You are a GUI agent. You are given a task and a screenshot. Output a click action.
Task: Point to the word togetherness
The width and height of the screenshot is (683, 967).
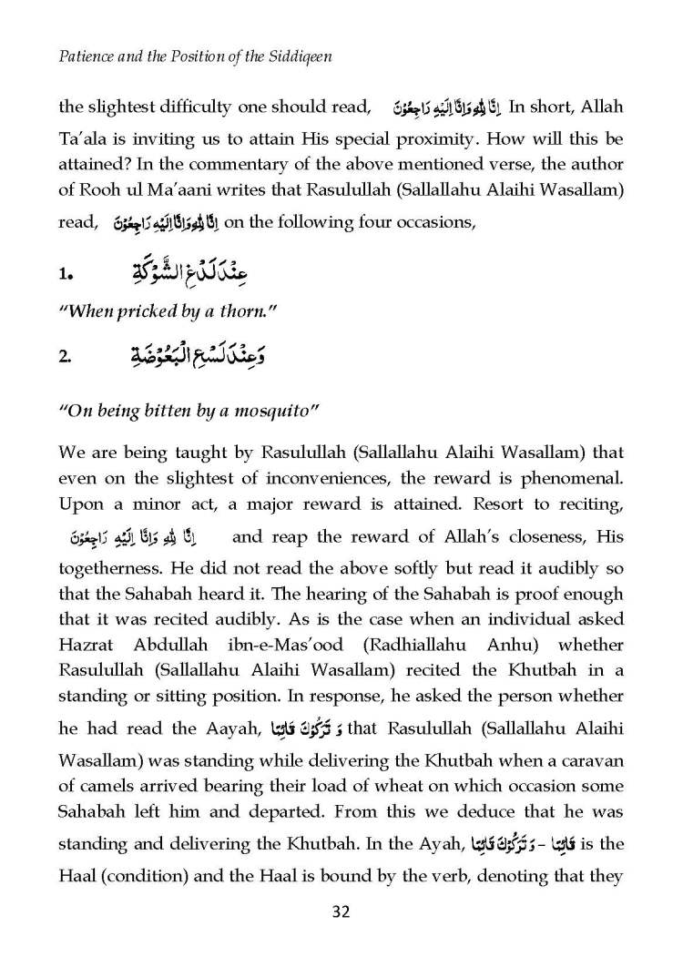(x=105, y=564)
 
